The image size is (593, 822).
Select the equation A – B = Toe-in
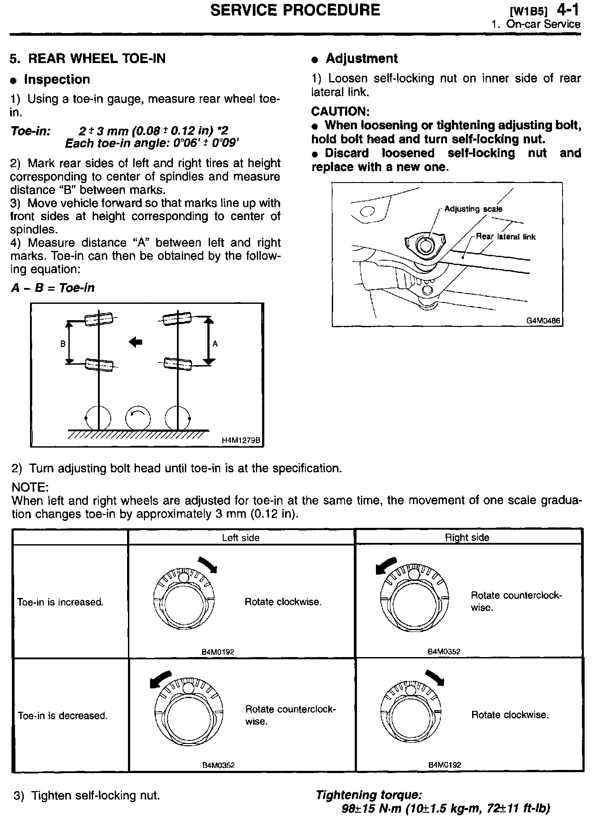[53, 288]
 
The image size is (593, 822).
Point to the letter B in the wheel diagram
[63, 344]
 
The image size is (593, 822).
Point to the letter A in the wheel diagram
[215, 344]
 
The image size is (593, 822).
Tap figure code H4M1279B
[241, 440]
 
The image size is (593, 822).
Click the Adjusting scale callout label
[473, 209]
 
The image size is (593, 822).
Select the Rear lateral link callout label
[506, 237]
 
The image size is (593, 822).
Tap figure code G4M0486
[543, 321]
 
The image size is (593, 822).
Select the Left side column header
[240, 538]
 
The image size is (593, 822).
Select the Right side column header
[467, 538]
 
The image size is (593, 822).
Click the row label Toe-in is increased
[60, 602]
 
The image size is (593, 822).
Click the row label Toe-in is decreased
[63, 716]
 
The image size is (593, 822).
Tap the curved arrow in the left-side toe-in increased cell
[207, 564]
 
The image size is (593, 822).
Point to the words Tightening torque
[369, 795]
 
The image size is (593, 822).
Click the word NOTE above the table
[30, 488]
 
